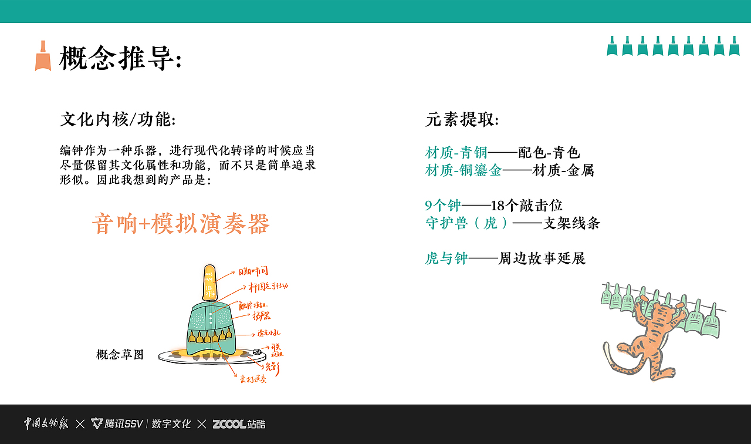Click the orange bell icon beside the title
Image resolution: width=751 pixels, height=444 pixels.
(43, 56)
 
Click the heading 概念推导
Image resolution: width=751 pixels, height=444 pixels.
(120, 59)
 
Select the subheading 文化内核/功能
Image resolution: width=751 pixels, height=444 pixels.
(118, 120)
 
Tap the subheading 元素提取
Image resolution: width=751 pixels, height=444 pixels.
(462, 120)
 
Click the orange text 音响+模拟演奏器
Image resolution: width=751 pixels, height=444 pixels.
(181, 224)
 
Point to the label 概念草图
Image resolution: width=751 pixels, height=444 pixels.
(120, 355)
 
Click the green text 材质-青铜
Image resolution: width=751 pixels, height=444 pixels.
(456, 153)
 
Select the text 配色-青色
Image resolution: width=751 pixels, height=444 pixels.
(549, 153)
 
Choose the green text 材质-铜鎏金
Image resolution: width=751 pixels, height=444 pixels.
(464, 170)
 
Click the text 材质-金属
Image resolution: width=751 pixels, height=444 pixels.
(563, 170)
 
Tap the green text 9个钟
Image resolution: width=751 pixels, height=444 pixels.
(443, 205)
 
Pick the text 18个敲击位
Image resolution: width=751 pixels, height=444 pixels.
(527, 205)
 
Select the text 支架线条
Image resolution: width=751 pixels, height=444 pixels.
(571, 223)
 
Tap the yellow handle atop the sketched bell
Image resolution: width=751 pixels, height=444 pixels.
(209, 281)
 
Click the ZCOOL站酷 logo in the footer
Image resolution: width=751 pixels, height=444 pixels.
(239, 424)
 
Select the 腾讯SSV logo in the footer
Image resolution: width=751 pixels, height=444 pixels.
(116, 424)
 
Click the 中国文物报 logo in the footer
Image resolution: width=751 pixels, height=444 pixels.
(46, 423)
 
